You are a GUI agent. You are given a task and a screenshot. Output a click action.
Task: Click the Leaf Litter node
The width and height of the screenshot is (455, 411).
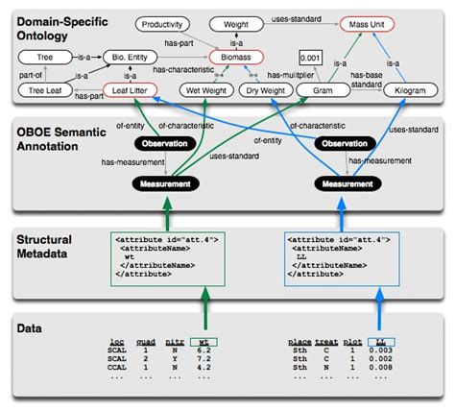(x=132, y=91)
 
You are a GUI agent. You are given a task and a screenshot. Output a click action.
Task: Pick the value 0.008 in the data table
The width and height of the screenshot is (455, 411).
(x=384, y=367)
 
